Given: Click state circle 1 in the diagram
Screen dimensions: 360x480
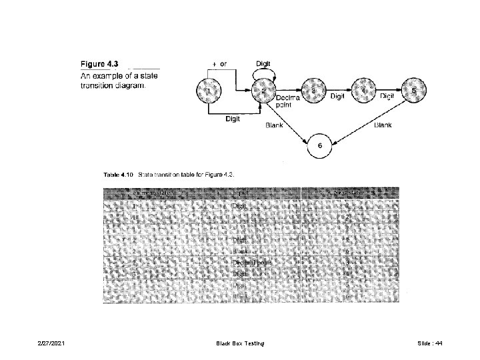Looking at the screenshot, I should tap(209, 91).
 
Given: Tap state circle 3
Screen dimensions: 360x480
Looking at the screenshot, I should tap(314, 91).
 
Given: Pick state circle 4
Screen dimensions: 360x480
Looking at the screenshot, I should tap(363, 91).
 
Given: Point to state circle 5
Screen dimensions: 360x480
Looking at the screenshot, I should tap(413, 91).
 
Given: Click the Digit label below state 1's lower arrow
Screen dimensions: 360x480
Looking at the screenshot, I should tap(233, 119).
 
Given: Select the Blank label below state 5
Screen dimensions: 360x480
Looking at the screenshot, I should tap(383, 125).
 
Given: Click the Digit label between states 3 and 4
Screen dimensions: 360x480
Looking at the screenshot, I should tap(338, 97).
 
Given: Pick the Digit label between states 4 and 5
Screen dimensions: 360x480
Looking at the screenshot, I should tap(387, 97).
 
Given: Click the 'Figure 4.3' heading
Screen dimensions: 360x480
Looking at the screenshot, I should tap(101, 64).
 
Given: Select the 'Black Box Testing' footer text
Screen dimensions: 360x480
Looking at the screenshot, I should tap(240, 343).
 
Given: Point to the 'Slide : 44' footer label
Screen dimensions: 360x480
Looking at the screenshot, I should tap(429, 343).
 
